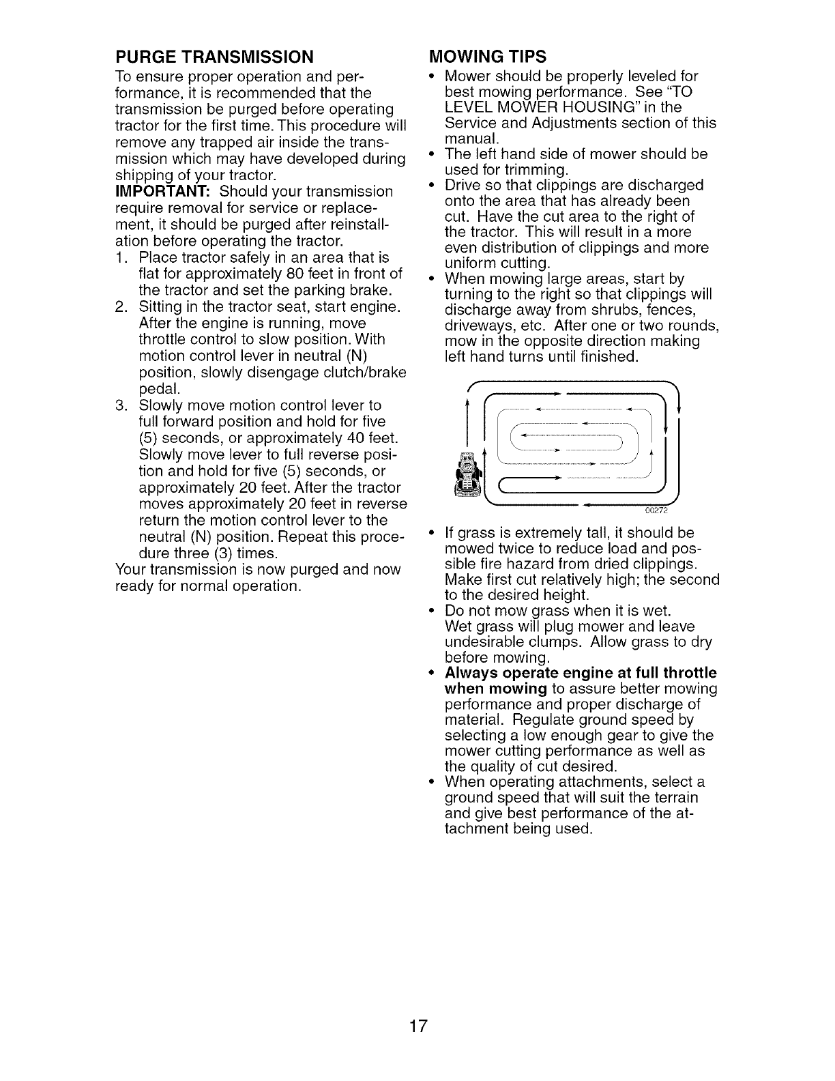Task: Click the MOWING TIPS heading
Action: pos(488,55)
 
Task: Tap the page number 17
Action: pos(417,1026)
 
